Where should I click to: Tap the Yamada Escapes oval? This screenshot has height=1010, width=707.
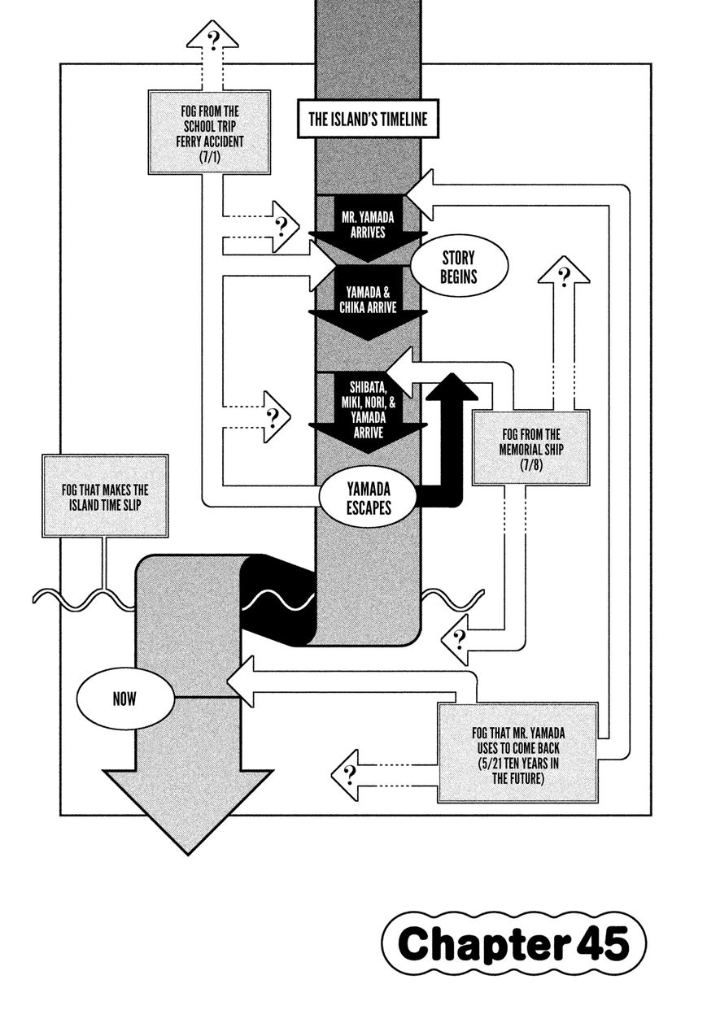coord(368,497)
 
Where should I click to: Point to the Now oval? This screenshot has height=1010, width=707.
coord(125,698)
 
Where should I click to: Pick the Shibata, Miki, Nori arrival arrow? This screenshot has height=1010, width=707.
coord(368,410)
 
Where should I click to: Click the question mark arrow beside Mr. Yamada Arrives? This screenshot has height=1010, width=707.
coord(281,225)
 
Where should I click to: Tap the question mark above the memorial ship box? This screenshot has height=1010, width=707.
coord(562,272)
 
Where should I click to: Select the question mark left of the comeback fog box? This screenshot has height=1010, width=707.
coord(350,773)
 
